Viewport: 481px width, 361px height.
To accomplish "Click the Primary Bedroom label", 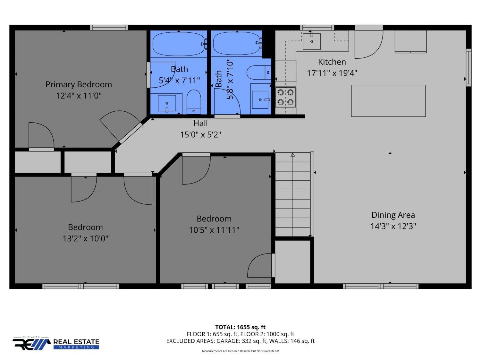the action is (79, 84).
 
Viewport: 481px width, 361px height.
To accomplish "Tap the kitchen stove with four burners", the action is (285, 97).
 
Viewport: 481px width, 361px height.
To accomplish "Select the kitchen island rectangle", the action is (388, 101).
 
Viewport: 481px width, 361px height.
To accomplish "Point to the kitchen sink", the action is (312, 41).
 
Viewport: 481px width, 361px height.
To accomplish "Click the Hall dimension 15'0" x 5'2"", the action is (200, 134).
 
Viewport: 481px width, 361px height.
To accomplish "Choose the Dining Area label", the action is (393, 215).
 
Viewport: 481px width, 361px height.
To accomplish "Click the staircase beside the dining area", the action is (293, 194).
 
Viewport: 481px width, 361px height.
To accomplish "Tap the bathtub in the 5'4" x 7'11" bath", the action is (179, 44).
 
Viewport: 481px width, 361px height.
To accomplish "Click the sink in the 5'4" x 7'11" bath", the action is (167, 103).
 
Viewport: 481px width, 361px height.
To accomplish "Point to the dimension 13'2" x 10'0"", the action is (86, 238).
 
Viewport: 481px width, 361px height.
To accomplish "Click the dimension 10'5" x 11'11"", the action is (214, 230).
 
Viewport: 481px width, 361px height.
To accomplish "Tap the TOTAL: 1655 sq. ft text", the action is (240, 327).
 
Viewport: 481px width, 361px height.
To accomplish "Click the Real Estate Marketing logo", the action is (56, 343).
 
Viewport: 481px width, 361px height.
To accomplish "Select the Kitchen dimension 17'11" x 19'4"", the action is (332, 73).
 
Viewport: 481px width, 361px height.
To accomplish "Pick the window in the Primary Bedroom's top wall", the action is (109, 28).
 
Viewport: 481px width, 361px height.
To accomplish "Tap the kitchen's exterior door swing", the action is (369, 44).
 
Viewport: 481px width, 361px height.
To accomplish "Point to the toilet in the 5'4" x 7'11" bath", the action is (194, 102).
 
